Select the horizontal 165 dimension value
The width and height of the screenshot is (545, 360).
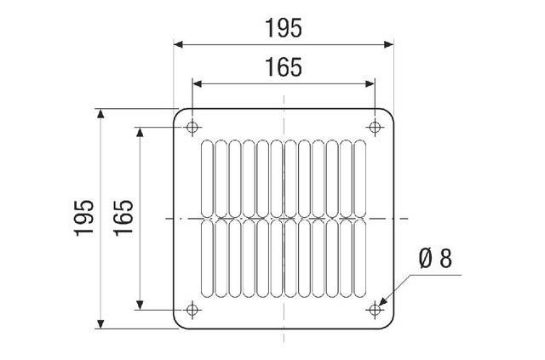(x=283, y=67)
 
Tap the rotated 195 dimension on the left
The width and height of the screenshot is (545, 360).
(x=83, y=218)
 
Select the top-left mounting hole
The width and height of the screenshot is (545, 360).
(x=192, y=128)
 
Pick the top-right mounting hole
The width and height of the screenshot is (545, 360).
(x=375, y=128)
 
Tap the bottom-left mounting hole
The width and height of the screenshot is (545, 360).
(x=192, y=309)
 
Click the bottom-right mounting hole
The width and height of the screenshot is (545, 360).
(x=375, y=309)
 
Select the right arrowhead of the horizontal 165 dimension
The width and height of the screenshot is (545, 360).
(x=370, y=83)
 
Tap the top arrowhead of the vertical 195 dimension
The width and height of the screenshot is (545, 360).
(x=101, y=113)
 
